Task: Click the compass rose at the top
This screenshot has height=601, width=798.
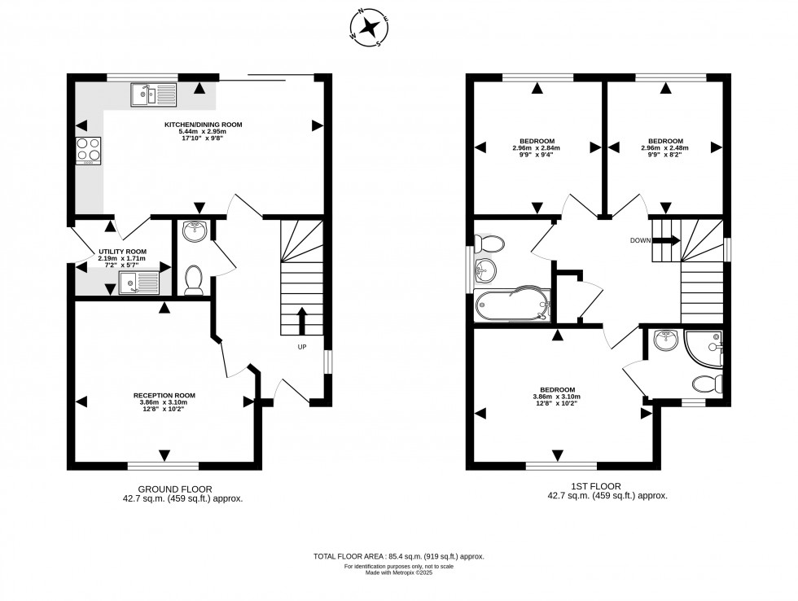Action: pyautogui.click(x=369, y=26)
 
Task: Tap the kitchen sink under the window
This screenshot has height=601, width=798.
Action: pyautogui.click(x=153, y=95)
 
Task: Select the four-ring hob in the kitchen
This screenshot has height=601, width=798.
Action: pyautogui.click(x=89, y=149)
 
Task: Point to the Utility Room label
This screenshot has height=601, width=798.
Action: pyautogui.click(x=122, y=252)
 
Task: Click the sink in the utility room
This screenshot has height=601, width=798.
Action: pyautogui.click(x=137, y=283)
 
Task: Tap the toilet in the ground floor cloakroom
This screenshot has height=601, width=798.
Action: pyautogui.click(x=194, y=279)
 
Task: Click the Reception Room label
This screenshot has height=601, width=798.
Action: pyautogui.click(x=164, y=396)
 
